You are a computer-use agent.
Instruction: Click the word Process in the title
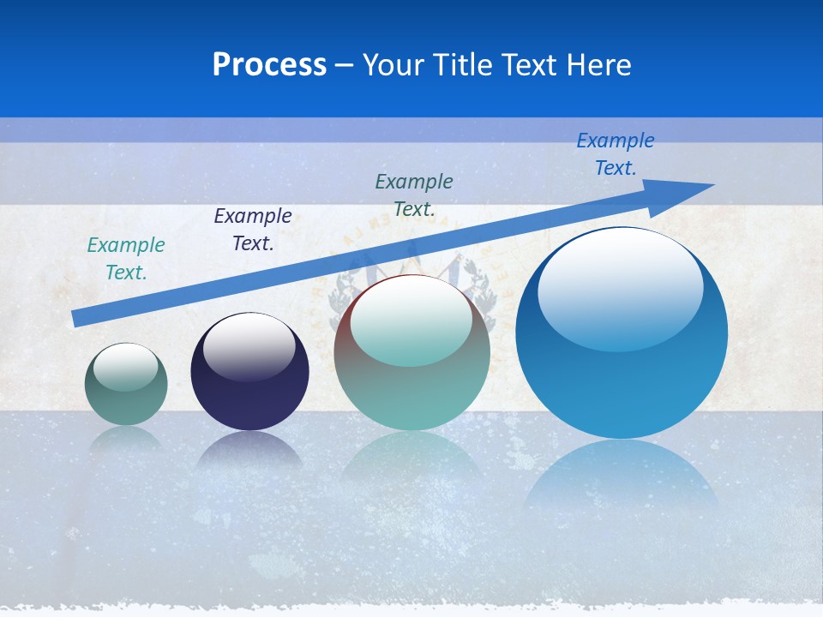tap(269, 65)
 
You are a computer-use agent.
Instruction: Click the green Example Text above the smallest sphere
tap(126, 259)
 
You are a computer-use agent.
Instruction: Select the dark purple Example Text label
tap(253, 230)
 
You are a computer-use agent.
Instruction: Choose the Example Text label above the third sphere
tap(414, 195)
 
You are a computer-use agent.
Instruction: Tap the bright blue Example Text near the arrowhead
tap(616, 154)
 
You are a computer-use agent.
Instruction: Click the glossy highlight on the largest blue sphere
tap(620, 287)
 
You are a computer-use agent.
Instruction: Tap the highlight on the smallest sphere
tap(126, 367)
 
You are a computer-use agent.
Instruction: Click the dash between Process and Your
tap(344, 66)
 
